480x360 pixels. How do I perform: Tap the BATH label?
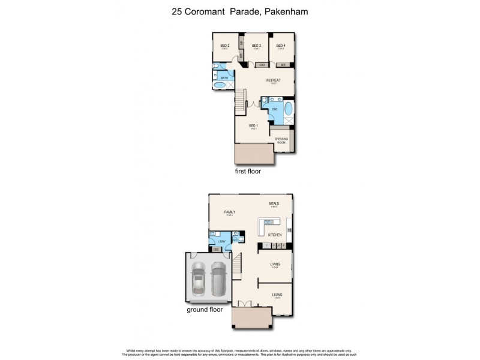pos(224,78)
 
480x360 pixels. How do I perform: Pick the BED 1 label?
pos(253,125)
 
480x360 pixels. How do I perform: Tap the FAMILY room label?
pos(229,212)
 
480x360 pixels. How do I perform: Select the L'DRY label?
pos(222,241)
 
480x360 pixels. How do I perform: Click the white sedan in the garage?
pos(199,281)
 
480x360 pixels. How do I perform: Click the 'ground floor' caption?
pos(205,310)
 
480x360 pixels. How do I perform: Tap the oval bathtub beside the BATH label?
pos(220,86)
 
